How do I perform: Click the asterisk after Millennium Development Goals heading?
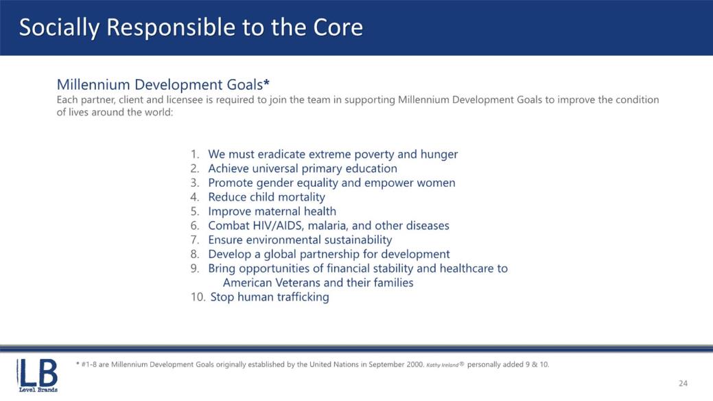coord(266,82)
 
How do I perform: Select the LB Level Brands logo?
coord(37,376)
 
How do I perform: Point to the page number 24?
coord(683,383)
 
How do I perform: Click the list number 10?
coord(198,297)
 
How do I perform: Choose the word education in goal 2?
coord(371,168)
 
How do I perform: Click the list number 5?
coord(195,211)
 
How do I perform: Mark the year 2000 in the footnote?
coord(416,365)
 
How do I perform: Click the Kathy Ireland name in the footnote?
coord(443,365)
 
